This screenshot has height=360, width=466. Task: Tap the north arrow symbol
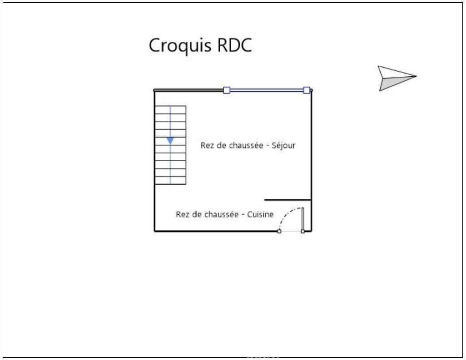coord(396,78)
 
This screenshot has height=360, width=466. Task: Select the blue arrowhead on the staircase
coord(170,141)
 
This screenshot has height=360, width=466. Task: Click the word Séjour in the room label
coord(284,146)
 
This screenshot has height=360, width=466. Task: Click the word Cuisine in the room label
coord(260,215)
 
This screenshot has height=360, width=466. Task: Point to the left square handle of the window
coord(227,90)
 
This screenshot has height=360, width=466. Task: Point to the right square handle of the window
coord(307,90)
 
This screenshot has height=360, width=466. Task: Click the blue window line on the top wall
coord(267,90)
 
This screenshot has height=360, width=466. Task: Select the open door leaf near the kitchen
coord(303,219)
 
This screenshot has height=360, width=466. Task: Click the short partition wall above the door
coord(288,200)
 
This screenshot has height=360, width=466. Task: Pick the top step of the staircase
coord(170,109)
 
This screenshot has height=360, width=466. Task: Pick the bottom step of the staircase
coord(170,180)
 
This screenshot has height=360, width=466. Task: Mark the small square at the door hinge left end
coord(279,231)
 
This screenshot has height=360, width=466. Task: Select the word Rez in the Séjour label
coord(207,146)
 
